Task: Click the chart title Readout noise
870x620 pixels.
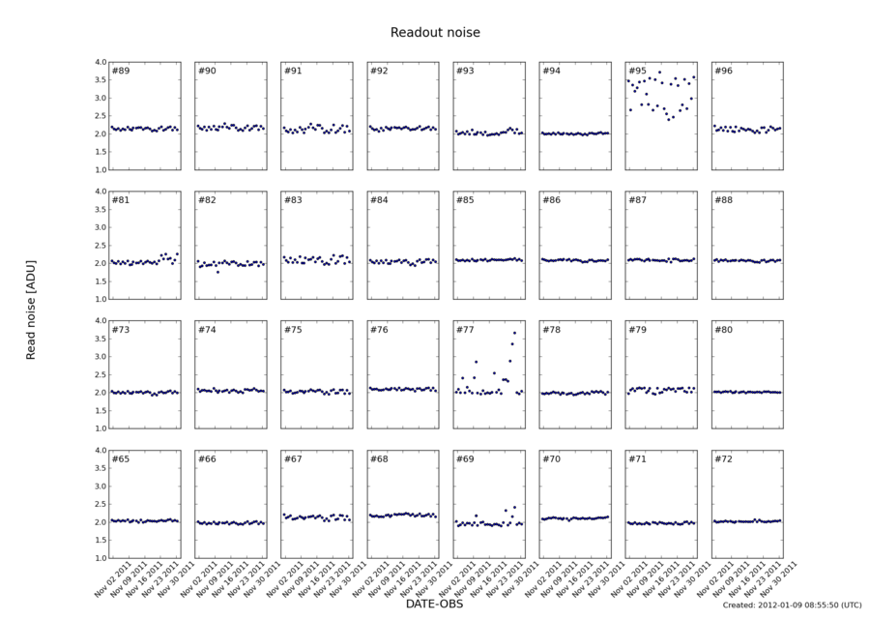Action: [435, 33]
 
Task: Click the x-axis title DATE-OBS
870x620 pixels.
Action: [435, 604]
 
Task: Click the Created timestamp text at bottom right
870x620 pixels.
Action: [792, 605]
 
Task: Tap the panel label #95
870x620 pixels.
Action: [637, 72]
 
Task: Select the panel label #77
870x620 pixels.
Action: [465, 330]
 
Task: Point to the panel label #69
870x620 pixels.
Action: [465, 459]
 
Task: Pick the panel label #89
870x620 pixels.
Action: [121, 72]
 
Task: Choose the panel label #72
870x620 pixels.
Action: [723, 459]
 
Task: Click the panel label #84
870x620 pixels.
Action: [379, 201]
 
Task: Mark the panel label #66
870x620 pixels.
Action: [207, 459]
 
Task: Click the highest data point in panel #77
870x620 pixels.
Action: [514, 333]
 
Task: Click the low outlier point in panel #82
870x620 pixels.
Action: [217, 272]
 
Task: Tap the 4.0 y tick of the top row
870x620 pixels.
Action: [100, 62]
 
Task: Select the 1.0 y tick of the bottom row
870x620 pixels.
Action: [100, 558]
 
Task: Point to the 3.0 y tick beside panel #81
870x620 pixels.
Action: [100, 227]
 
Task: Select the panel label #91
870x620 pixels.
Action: [293, 72]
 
